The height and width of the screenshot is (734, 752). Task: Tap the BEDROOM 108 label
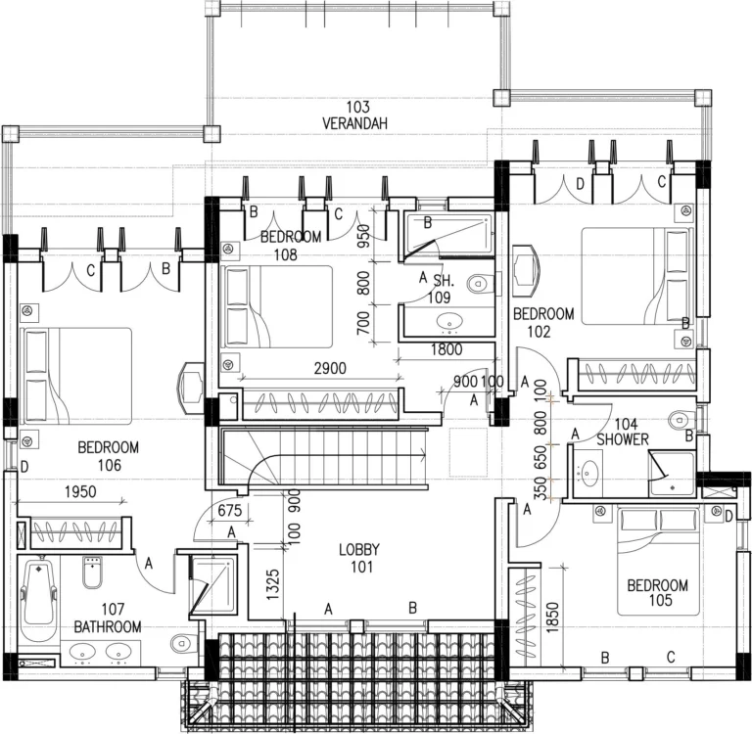coord(291,245)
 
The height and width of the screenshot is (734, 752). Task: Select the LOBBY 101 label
coord(359,557)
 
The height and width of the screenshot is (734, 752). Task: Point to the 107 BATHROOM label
coord(108,618)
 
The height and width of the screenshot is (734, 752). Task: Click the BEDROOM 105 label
coord(657,593)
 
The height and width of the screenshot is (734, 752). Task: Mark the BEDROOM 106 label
coord(108,456)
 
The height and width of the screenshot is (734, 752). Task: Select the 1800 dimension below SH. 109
coord(446,349)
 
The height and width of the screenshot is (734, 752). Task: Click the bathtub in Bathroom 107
coord(37,597)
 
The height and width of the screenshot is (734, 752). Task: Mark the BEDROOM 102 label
coord(543,322)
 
